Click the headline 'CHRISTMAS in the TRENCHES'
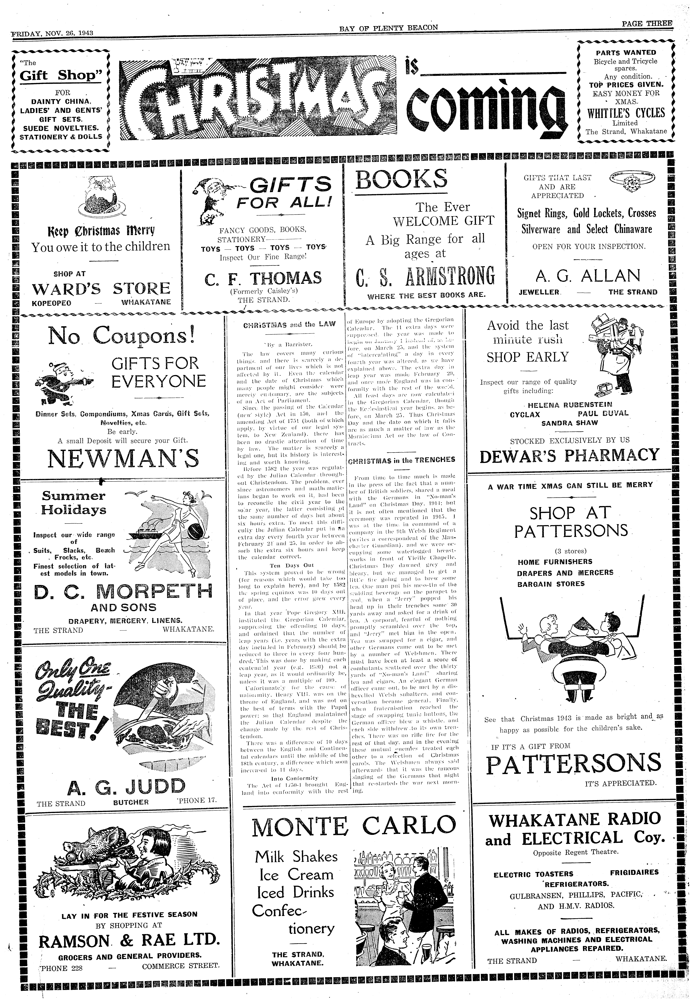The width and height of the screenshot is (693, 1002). click(x=402, y=459)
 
